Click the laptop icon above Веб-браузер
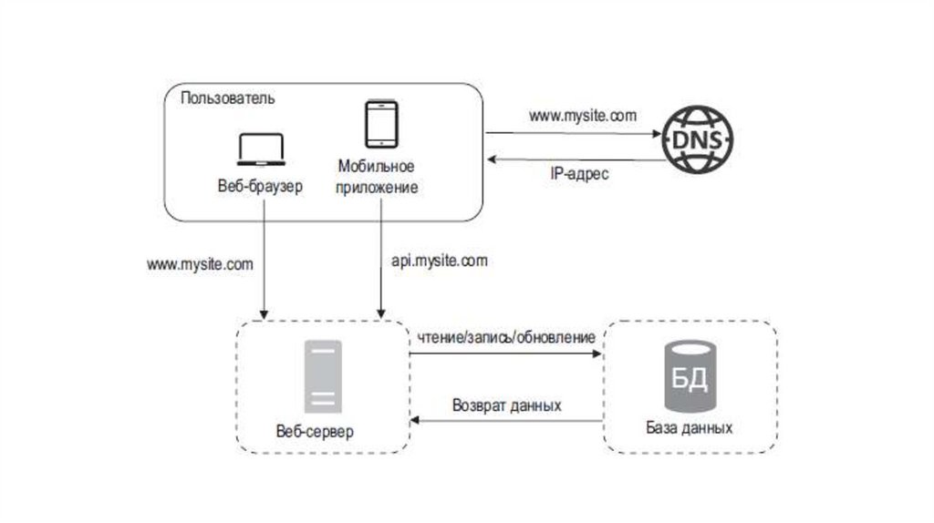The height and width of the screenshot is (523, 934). tap(262, 150)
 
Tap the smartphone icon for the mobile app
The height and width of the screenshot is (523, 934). tap(380, 124)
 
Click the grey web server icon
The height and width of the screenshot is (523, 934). tap(322, 375)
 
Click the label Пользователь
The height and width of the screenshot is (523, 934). tap(227, 97)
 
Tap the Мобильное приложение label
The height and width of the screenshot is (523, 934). tap(377, 177)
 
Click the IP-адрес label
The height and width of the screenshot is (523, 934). tap(579, 173)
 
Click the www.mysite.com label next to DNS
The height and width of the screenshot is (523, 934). tap(583, 116)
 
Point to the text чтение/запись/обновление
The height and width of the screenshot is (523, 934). tap(507, 337)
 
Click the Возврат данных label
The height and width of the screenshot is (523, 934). tap(506, 405)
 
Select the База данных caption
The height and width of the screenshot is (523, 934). tap(689, 426)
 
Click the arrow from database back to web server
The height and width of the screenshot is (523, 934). tap(506, 420)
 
